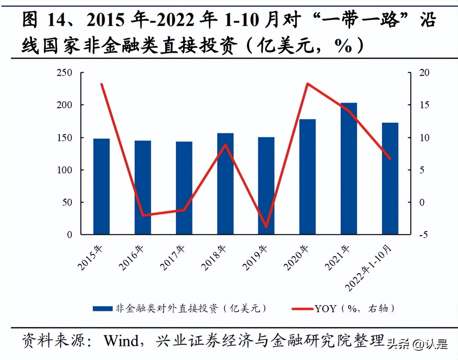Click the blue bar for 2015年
point(101,187)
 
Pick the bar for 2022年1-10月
point(390,179)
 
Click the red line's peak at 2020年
point(308,84)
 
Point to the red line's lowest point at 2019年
point(266,227)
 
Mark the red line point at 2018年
point(225,145)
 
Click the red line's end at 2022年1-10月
point(390,158)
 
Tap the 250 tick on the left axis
point(64,73)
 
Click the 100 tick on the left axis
point(64,170)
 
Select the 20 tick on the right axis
point(424,73)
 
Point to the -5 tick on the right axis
point(423,235)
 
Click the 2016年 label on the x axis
point(131,258)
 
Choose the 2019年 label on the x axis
point(255,258)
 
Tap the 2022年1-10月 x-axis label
point(368,268)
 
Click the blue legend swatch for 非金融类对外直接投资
point(103,309)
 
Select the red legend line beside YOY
point(302,309)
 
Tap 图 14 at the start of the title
point(44,20)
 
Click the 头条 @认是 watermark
point(417,344)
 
